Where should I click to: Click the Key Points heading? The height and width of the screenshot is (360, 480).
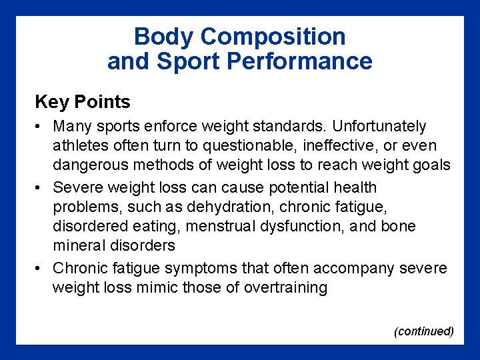(x=82, y=102)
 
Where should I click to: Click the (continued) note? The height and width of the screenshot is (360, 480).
(x=424, y=331)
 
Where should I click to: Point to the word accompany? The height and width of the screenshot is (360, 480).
(x=361, y=268)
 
